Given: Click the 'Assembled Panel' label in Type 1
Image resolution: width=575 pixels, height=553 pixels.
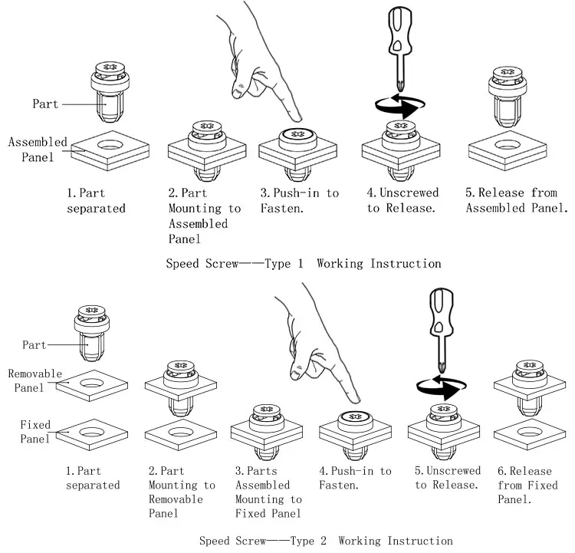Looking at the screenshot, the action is [38, 150].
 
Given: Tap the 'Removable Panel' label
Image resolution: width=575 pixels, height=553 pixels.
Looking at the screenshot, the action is [34, 381].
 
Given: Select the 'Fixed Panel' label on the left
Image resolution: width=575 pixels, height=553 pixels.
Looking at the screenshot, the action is [34, 432].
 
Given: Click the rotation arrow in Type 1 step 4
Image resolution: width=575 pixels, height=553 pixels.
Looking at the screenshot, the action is [399, 105].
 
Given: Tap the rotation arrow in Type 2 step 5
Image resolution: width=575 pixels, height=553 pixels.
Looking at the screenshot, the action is [441, 387].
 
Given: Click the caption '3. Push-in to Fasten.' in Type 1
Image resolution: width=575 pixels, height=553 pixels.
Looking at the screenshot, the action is [300, 200].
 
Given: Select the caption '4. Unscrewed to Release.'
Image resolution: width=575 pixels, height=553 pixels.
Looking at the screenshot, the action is [402, 200].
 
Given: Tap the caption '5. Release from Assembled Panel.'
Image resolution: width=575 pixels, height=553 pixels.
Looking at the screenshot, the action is [517, 200].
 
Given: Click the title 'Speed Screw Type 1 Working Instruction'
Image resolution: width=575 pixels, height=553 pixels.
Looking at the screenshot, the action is [304, 264].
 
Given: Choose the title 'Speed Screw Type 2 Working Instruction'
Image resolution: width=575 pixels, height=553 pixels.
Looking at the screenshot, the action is [326, 541].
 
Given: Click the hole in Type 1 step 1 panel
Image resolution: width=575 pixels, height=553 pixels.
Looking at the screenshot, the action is [110, 145].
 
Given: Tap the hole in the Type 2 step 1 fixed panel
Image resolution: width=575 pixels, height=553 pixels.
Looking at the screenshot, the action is [92, 432].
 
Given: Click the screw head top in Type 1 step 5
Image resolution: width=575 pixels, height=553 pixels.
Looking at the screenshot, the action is [508, 72].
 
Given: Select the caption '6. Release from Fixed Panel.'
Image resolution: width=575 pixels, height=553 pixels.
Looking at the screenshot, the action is [527, 485].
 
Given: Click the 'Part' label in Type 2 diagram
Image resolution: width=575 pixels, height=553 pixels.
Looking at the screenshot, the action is [34, 345].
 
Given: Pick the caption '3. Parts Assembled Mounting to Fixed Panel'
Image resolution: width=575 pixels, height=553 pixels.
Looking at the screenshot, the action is [268, 492].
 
